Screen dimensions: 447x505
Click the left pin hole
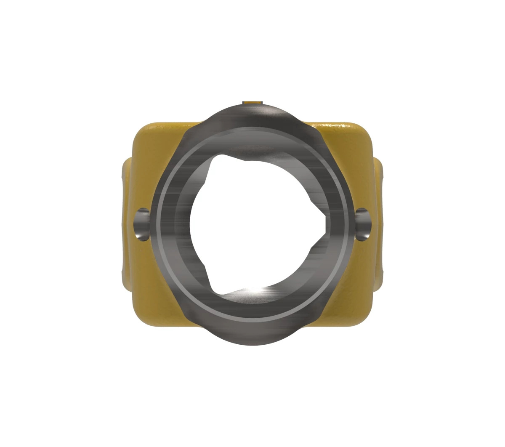[x=142, y=224]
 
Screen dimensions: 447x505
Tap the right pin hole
[x=363, y=224]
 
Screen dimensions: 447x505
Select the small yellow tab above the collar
[x=252, y=102]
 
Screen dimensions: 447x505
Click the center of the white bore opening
[x=252, y=225]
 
